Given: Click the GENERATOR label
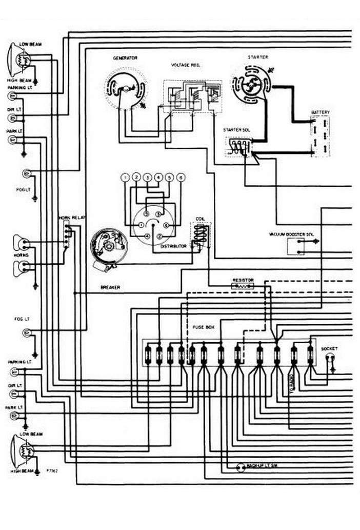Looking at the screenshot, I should click(125, 58).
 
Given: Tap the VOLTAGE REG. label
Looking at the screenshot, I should click(185, 66).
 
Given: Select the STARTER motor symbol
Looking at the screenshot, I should click(250, 86).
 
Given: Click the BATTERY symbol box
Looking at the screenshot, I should click(320, 136).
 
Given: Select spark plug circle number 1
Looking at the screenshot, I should click(125, 178).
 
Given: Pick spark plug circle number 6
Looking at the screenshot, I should click(181, 178).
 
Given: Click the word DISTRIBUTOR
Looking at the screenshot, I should click(173, 247).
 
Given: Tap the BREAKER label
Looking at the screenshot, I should click(111, 287).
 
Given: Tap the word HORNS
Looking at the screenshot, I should click(22, 255).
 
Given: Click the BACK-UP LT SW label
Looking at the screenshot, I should click(258, 466).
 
